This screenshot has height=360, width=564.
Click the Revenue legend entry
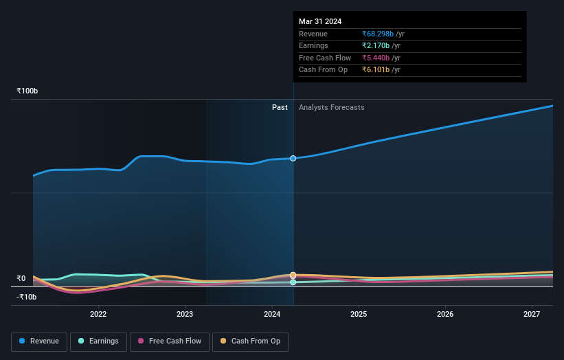(40, 341)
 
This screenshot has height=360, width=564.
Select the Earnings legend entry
(98, 341)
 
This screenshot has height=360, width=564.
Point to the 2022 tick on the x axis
(98, 314)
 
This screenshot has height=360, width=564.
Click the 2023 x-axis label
(185, 314)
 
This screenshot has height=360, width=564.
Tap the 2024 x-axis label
(272, 314)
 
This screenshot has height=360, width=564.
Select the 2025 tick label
(359, 314)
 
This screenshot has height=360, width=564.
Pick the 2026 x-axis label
(445, 314)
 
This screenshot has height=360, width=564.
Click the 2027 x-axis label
(532, 314)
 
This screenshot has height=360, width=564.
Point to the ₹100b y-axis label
(27, 91)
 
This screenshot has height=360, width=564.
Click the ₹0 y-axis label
(21, 278)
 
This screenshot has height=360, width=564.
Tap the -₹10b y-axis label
(27, 297)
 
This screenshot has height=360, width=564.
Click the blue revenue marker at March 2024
(293, 158)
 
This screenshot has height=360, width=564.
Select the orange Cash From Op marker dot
(293, 275)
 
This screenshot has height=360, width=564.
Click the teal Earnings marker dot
(293, 282)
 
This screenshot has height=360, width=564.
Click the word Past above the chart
(280, 107)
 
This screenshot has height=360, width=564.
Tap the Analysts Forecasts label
(331, 107)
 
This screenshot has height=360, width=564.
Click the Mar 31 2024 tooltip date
(320, 21)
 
